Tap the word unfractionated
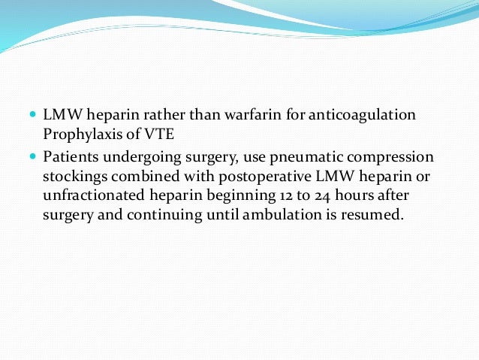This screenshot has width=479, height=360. pos(91,195)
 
